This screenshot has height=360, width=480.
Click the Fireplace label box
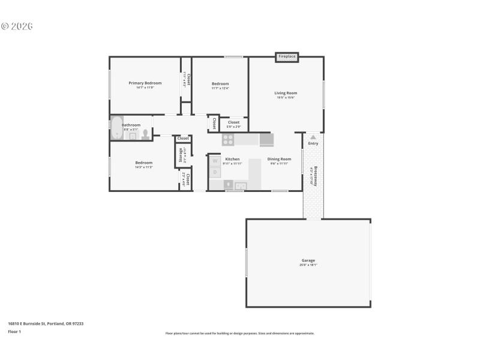[287, 56]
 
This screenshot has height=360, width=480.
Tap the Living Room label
[286, 93]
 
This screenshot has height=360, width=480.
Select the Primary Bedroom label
[145, 83]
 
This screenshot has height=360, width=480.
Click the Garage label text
[308, 260]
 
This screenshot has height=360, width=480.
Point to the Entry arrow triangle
[313, 137]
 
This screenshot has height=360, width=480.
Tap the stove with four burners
[228, 140]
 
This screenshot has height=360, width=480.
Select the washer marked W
[215, 161]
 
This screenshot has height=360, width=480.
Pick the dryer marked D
[215, 173]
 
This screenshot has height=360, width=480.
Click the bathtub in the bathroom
[116, 128]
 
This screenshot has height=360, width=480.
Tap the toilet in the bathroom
[145, 134]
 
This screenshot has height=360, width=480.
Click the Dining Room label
[279, 159]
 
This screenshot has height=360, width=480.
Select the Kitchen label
[232, 159]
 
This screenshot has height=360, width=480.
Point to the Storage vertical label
[181, 155]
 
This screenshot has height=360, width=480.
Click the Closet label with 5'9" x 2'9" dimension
[233, 122]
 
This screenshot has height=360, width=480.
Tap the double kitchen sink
[240, 185]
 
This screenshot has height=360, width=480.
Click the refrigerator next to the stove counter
[266, 140]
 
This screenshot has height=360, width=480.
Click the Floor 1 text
[14, 331]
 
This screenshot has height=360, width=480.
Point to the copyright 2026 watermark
[17, 26]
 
